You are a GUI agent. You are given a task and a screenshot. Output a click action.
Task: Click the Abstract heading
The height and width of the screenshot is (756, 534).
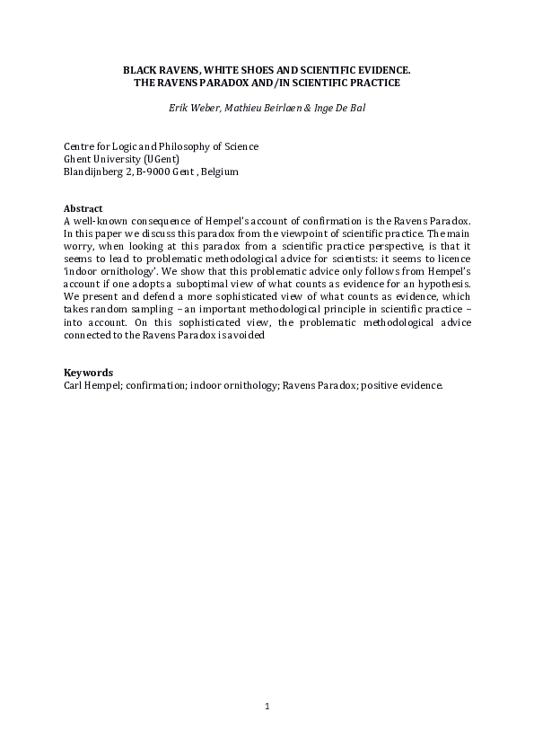83,208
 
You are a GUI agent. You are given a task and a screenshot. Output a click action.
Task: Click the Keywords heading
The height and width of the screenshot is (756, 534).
88,372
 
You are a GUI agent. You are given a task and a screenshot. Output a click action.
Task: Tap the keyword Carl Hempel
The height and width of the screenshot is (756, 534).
92,384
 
